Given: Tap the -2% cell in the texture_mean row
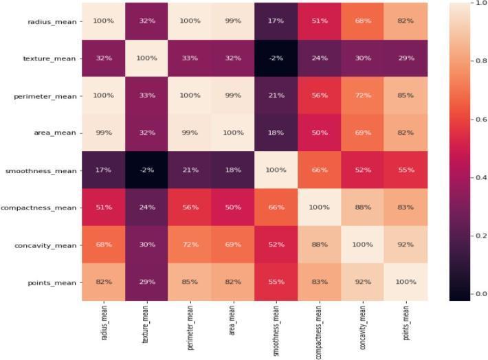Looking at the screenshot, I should click(x=276, y=58).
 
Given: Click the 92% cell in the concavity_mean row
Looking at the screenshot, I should click(x=406, y=245).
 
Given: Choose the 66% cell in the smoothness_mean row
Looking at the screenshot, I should click(x=320, y=170).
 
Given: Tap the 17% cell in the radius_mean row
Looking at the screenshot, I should click(x=276, y=21).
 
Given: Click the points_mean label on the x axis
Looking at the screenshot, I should click(x=406, y=323).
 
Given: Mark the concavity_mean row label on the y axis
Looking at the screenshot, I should click(x=48, y=245).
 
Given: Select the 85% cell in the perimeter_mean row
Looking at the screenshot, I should click(x=406, y=95).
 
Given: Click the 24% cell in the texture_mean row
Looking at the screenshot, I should click(x=320, y=58).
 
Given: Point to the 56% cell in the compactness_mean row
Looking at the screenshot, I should click(x=190, y=207).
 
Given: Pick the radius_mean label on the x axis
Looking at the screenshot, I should click(x=104, y=323).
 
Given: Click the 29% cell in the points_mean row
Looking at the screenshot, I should click(x=146, y=282).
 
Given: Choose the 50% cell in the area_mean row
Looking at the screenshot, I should click(x=320, y=133).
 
